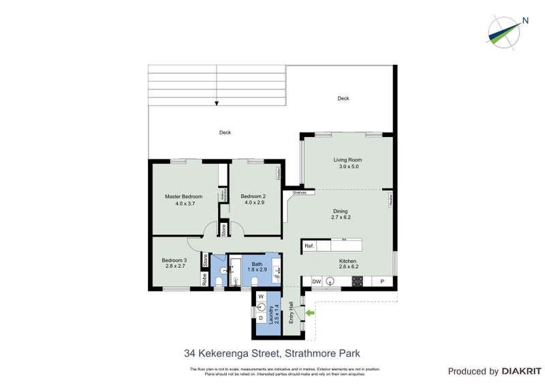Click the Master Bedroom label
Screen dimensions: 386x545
point(184,197)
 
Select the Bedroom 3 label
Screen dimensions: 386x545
point(174,261)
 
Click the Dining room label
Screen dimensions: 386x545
point(340,211)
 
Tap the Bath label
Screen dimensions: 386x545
point(257,264)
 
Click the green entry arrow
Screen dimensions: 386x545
point(311,313)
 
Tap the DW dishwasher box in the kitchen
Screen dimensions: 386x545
point(316,282)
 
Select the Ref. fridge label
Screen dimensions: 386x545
point(309,246)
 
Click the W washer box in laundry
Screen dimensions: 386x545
point(261,297)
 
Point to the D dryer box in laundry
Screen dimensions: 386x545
point(261,316)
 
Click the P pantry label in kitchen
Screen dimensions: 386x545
point(381,282)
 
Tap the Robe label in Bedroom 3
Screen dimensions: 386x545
point(204,280)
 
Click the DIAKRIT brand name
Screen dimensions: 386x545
point(523,372)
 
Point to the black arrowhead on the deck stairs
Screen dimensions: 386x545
point(217,104)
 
